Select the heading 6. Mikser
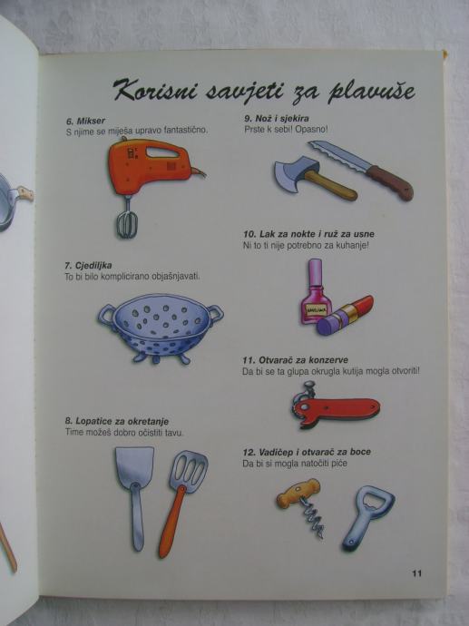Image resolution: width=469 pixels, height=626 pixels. tap(85, 121)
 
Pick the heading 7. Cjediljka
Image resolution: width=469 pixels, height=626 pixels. tap(88, 266)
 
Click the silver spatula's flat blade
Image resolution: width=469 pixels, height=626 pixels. tap(134, 467)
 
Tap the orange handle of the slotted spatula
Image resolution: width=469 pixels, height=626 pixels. tap(171, 521)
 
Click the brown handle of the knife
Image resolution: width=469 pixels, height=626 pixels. tap(390, 183)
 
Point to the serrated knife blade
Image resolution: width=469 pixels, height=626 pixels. tap(340, 156)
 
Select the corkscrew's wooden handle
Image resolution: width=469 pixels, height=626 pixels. tap(298, 492)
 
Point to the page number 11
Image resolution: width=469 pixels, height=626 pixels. tap(416, 572)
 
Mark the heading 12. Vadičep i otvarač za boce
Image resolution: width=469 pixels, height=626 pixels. tap(307, 452)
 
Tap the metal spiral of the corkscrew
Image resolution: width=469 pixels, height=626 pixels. tap(314, 518)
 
